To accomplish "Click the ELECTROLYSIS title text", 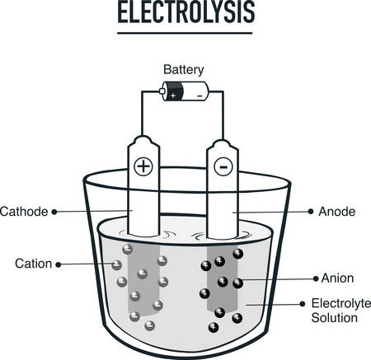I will pos(185,14).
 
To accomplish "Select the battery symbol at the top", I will pos(185,94).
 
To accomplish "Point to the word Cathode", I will pos(25,211).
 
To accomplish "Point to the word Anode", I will pos(336,211).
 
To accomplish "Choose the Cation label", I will pos(32,264).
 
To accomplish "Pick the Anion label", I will pos(335,278).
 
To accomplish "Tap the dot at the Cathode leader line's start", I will pos(55,212).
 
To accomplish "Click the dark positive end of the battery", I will pos(173,94).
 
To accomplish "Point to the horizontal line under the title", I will pos(185,34).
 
